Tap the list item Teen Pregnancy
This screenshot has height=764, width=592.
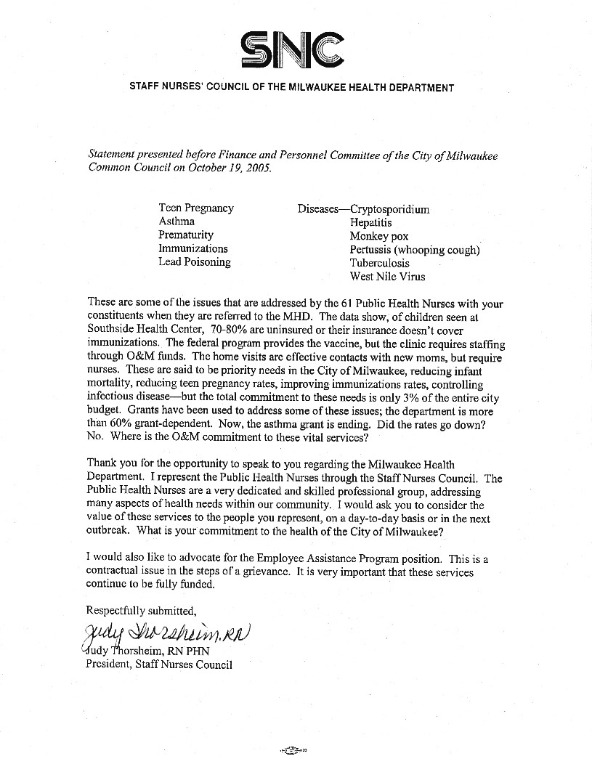[x=196, y=208]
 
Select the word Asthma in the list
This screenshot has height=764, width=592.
[x=177, y=222]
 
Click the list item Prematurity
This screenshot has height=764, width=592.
[x=186, y=235]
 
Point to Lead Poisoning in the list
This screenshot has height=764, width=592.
[x=195, y=262]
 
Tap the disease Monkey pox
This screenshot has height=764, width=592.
[x=379, y=237]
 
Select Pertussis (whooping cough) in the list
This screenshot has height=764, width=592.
[x=415, y=250]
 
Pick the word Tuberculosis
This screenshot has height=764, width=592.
[x=379, y=263]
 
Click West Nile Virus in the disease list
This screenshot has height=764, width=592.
[x=387, y=277]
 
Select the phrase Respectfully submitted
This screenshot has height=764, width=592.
[x=141, y=609]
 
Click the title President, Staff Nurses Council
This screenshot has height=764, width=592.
[x=159, y=664]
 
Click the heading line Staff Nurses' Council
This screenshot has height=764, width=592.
[x=291, y=88]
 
